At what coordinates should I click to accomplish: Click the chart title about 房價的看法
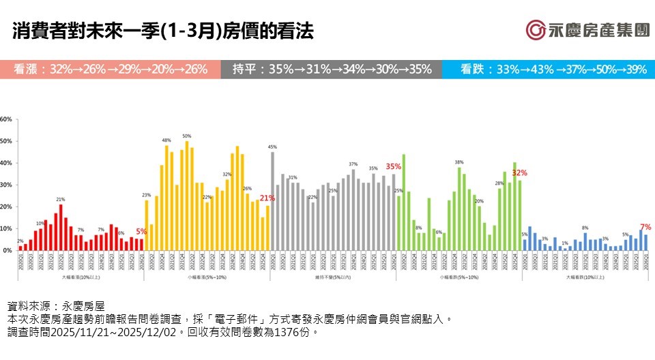click(163, 31)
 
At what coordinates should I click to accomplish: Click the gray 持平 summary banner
click(331, 70)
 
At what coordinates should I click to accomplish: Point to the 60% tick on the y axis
click(6, 119)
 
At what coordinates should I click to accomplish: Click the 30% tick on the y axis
click(6, 185)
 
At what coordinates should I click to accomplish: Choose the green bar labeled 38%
click(459, 209)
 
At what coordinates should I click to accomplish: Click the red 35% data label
click(394, 166)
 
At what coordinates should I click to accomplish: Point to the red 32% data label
click(520, 172)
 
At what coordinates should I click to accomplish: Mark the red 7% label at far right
click(645, 227)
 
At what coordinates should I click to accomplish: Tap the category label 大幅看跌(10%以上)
click(585, 277)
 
